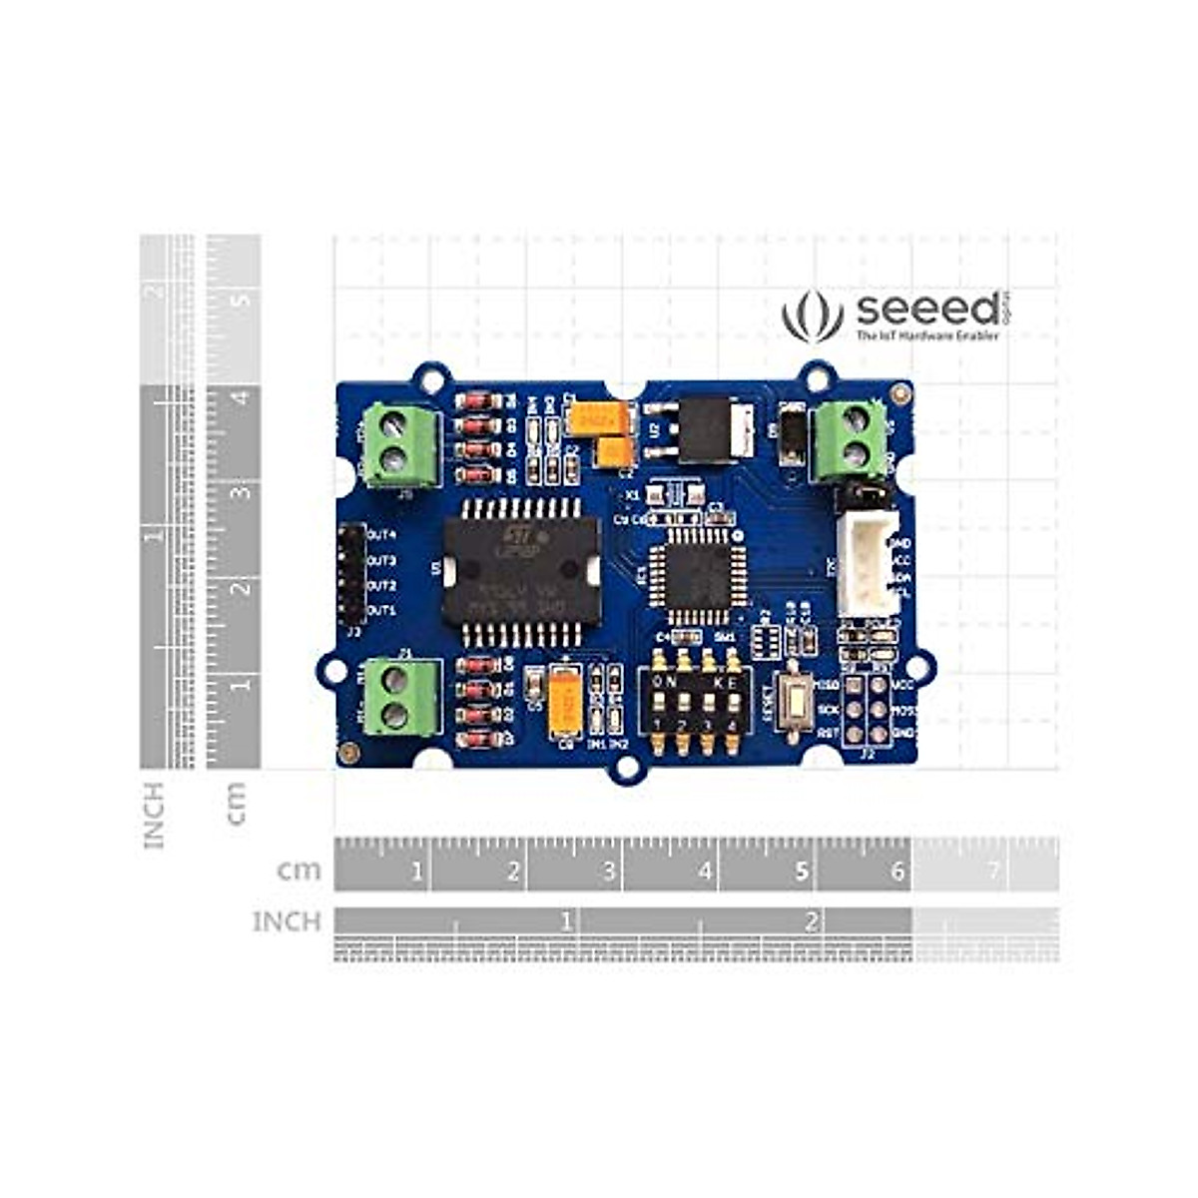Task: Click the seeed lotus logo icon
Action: pyautogui.click(x=805, y=315)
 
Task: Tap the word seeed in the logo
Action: pyautogui.click(x=926, y=310)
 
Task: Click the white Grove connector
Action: pyautogui.click(x=864, y=563)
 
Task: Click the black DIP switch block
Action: pyautogui.click(x=695, y=702)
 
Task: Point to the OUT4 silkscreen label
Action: pyautogui.click(x=382, y=535)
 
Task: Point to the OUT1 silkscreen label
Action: pyautogui.click(x=382, y=610)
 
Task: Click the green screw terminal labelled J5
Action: pyautogui.click(x=398, y=445)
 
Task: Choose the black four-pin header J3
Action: pyautogui.click(x=350, y=573)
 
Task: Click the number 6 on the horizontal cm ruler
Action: pyautogui.click(x=897, y=873)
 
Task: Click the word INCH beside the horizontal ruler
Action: pyautogui.click(x=287, y=920)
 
